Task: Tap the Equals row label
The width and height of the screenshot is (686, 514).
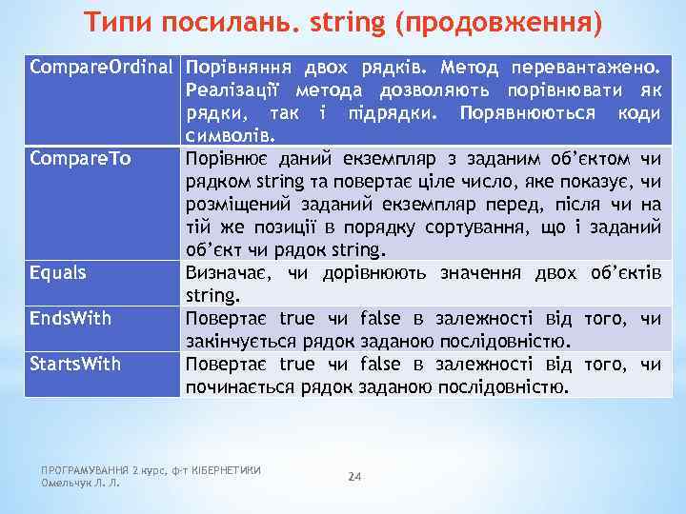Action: pos(58,273)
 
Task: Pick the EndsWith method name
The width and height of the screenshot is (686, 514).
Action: pos(71,318)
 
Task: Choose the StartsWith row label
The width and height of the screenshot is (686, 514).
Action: pos(75,364)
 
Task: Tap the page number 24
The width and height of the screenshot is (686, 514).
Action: pos(355,475)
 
